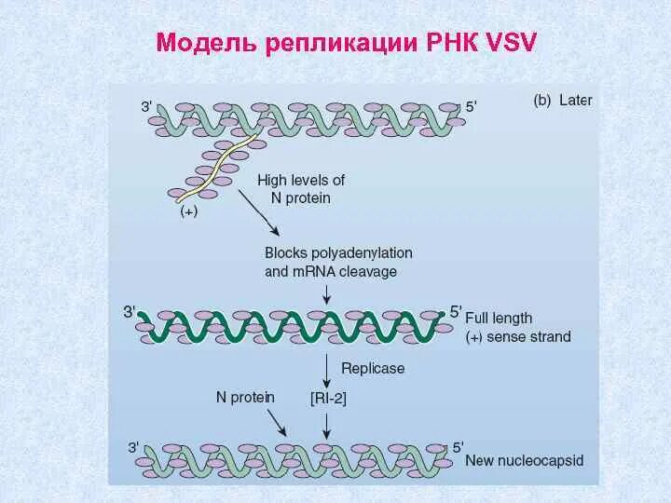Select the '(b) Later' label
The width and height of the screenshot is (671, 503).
pos(562,101)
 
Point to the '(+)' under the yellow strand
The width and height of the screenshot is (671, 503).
pos(188,212)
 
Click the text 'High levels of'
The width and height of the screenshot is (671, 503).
pos(301,180)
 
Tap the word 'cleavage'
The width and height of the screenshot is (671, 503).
pos(371,272)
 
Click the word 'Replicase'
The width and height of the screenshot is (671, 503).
pos(373,368)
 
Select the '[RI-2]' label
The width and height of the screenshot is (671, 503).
pos(328,398)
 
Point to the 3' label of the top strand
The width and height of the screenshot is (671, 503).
pos(147,107)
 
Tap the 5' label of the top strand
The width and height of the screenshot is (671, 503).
pos(471,107)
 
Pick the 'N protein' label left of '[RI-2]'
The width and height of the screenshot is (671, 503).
pos(245,397)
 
